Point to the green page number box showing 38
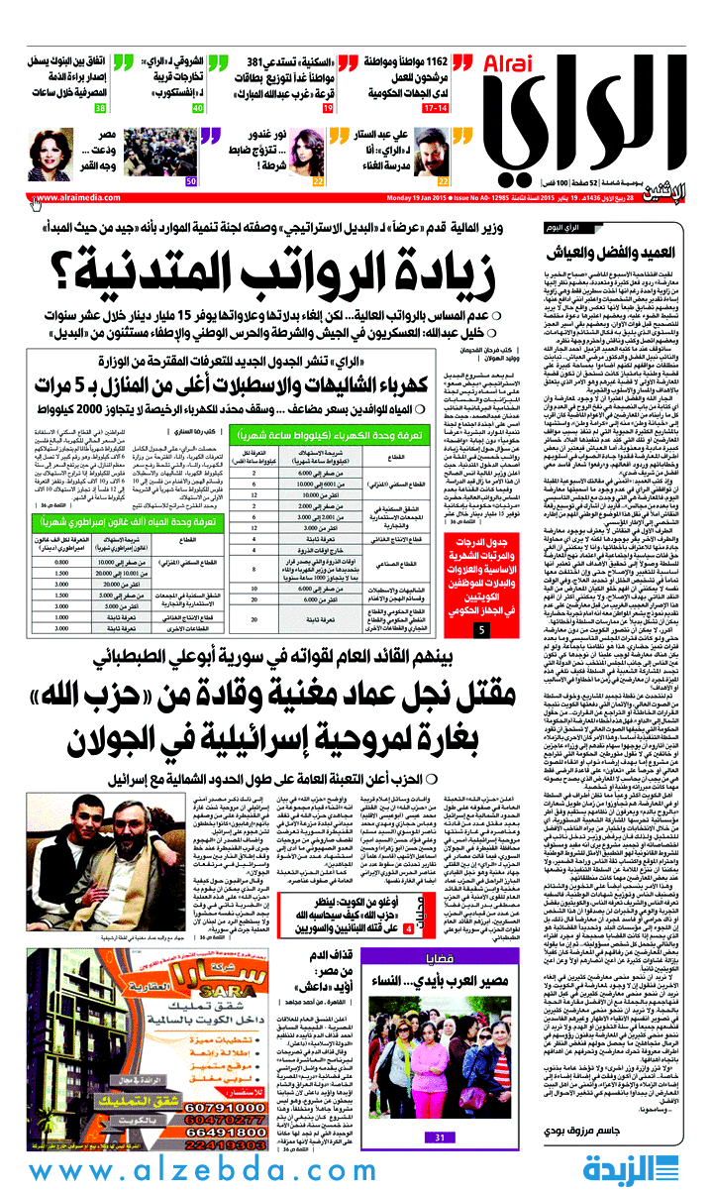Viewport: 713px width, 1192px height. tap(100, 106)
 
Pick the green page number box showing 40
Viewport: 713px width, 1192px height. tap(198, 106)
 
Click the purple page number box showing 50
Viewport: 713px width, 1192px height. tap(190, 181)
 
